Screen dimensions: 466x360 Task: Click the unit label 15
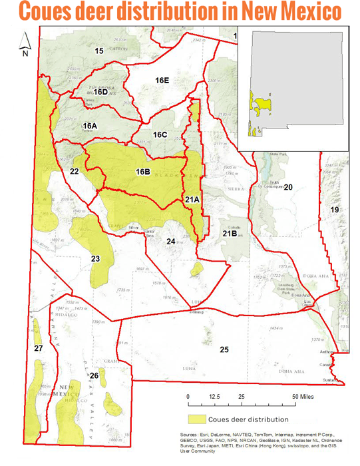tap(98, 51)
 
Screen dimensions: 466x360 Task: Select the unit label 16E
tap(162, 80)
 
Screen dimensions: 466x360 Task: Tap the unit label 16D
tap(100, 92)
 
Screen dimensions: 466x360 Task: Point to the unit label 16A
tap(90, 126)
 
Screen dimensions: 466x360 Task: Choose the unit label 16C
tap(160, 135)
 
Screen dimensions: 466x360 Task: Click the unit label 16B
tap(142, 172)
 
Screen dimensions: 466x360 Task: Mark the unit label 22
tap(75, 172)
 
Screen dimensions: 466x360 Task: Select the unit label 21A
tap(192, 200)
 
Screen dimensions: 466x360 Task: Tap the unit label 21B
tap(230, 232)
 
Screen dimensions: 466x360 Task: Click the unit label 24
tap(171, 241)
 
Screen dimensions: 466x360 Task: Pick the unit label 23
tap(95, 258)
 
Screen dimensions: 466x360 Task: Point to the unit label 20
tap(288, 188)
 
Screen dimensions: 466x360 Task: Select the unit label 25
tap(224, 349)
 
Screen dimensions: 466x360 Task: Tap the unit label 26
tap(94, 376)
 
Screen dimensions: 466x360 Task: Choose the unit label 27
tap(39, 348)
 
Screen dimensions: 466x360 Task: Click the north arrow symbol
tap(25, 44)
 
